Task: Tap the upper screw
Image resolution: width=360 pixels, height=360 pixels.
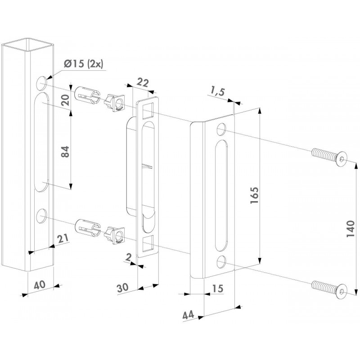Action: click(330, 157)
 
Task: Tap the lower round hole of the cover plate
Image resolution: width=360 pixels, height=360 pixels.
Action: click(221, 262)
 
